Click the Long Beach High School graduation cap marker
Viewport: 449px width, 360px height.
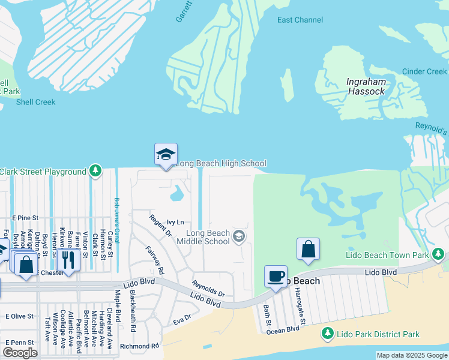pos(166,155)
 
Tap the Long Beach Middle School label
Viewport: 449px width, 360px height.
pos(208,237)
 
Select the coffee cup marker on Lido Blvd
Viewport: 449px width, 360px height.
pos(276,277)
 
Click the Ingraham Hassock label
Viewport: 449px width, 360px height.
pos(366,86)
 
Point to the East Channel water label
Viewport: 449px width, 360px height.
pos(300,20)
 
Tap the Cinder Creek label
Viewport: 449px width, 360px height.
pos(424,71)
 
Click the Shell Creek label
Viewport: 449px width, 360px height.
pos(36,102)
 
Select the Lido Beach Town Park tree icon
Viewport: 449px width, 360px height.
pos(439,255)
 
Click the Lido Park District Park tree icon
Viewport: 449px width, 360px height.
pos(328,334)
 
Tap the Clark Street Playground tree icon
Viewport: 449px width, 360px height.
pos(95,172)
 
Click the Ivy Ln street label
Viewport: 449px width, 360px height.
pos(175,222)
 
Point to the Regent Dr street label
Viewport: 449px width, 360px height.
pos(160,225)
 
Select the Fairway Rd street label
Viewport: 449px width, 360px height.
pos(155,260)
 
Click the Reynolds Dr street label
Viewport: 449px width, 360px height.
pos(208,289)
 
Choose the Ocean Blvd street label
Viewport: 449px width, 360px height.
pos(283,329)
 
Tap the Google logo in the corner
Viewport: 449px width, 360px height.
pos(20,353)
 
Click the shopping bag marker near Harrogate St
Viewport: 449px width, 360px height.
pos(308,249)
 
